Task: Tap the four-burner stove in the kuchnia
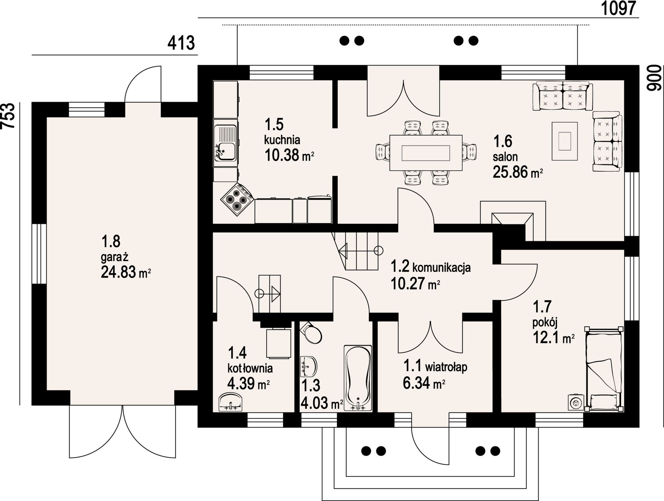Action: coord(237,200)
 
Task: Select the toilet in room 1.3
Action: coord(311,332)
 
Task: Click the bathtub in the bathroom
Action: coord(358,378)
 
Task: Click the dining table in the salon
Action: coord(426,153)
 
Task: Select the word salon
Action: coord(505,157)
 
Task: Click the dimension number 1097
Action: coord(618,8)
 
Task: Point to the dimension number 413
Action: coord(181,43)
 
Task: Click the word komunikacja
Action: coord(441,267)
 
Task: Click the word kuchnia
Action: coord(282,140)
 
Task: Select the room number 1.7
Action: coord(542,307)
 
